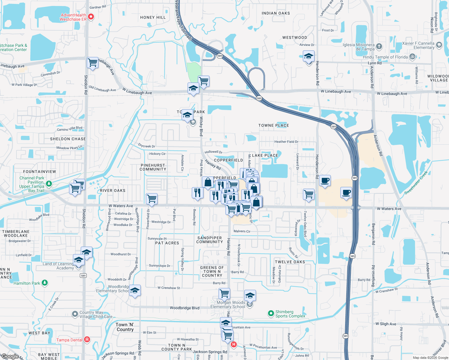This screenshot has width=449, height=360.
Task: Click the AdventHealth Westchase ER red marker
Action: tap(91, 17)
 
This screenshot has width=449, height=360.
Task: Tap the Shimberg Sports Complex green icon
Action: tap(271, 313)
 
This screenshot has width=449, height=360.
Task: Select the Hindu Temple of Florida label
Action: tap(385, 57)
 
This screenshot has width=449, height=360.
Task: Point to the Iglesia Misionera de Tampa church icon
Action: tap(379, 46)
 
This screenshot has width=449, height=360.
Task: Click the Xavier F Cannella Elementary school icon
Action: tap(439, 45)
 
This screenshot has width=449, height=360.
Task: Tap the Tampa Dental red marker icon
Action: tap(87, 340)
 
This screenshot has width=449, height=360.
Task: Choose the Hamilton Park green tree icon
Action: tap(45, 283)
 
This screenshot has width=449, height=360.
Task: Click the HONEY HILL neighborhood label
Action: tap(153, 17)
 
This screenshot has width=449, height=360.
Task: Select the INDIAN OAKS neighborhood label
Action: tap(276, 13)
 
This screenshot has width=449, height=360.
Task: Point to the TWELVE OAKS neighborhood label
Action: tap(290, 262)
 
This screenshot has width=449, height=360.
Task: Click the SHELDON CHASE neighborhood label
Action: tap(68, 139)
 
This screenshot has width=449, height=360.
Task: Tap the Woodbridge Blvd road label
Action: tap(185, 308)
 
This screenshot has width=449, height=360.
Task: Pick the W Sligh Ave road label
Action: tap(386, 324)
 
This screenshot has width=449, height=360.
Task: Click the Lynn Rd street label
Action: tap(375, 63)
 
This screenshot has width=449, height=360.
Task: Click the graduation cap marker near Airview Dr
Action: tap(309, 56)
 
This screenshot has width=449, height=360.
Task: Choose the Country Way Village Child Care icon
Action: tap(75, 314)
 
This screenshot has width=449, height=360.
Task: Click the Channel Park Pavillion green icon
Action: tap(49, 183)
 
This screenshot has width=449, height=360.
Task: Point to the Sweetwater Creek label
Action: tap(416, 183)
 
